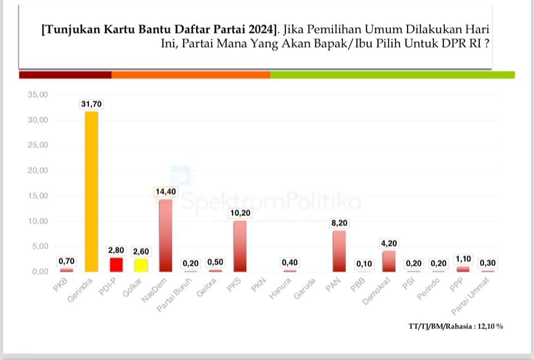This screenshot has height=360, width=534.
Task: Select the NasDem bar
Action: [165, 235]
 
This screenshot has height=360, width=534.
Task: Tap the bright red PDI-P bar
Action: [116, 265]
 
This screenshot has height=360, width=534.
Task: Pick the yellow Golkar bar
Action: [141, 265]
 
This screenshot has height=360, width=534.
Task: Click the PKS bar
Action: [240, 246]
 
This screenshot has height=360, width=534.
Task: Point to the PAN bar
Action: [339, 251]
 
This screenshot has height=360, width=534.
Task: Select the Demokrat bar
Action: [389, 261]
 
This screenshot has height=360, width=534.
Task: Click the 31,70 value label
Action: [91, 105]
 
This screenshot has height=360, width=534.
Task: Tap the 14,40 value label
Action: [165, 192]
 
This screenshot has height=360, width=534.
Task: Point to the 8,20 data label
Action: [339, 223]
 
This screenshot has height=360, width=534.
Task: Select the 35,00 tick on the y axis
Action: [38, 95]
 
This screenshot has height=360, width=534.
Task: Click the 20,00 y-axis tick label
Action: [38, 171]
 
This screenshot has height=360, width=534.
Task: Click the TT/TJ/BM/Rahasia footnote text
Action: [455, 326]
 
